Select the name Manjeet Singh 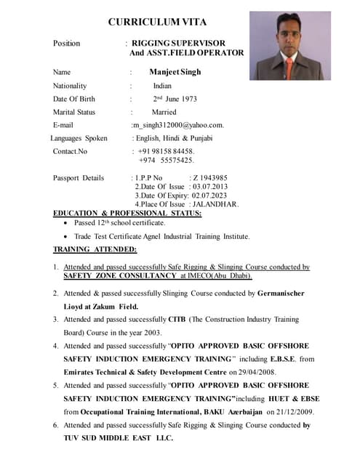tap(175, 72)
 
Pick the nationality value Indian tap(162, 86)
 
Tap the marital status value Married tap(164, 112)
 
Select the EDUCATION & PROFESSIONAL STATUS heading tap(127, 213)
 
